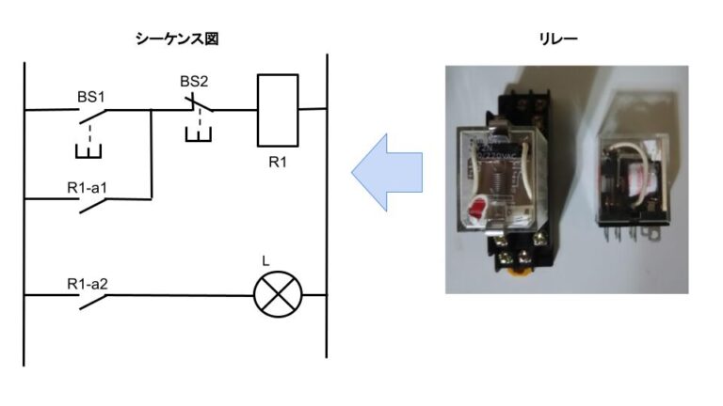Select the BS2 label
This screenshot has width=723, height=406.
pos(194,82)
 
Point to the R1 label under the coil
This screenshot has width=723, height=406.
pos(278,163)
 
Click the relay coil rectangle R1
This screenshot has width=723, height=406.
pos(278,110)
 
